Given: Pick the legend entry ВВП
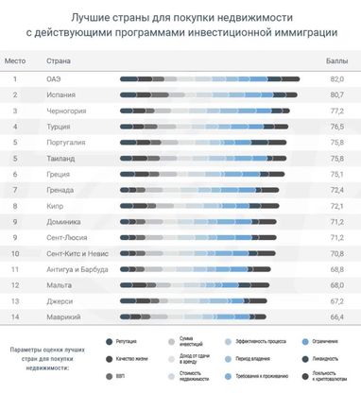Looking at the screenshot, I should pyautogui.click(x=121, y=376).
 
